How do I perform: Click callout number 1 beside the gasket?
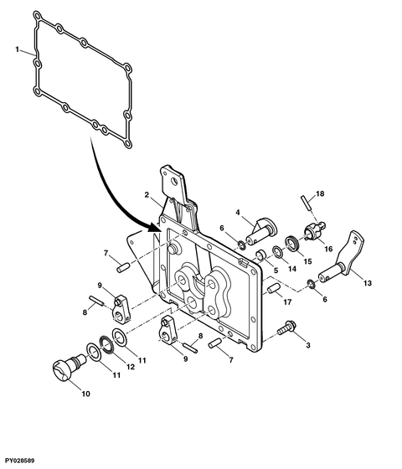(x=18, y=51)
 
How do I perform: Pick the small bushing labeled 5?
(x=260, y=254)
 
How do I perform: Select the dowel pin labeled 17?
(x=272, y=290)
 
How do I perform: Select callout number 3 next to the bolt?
(x=307, y=344)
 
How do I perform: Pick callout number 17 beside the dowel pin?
(x=286, y=302)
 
